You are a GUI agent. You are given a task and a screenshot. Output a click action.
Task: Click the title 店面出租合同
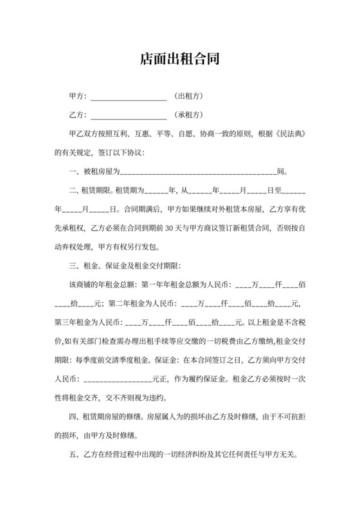coord(180,60)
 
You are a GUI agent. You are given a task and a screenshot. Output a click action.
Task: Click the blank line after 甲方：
coord(129,98)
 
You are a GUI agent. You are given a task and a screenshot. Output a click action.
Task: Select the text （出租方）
coord(189,96)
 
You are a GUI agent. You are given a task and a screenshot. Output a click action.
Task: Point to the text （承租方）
coord(189,116)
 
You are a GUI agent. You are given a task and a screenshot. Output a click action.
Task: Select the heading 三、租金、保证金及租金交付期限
coord(126,265)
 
